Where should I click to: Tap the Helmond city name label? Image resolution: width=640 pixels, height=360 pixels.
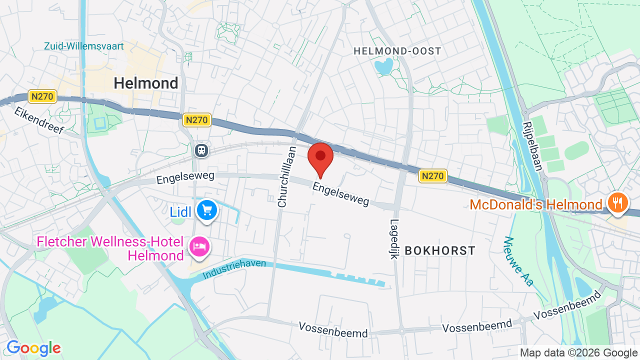click(146, 83)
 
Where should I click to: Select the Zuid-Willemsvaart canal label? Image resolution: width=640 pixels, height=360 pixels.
click(84, 46)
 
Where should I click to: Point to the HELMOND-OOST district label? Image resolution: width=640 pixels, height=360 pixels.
click(397, 51)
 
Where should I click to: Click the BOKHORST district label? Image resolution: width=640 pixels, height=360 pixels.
click(440, 250)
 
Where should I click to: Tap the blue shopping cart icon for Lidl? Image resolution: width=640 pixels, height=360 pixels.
click(206, 210)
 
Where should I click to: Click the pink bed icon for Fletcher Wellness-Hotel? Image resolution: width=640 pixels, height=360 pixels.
click(199, 246)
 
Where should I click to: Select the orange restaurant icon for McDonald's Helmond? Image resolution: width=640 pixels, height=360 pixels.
click(618, 202)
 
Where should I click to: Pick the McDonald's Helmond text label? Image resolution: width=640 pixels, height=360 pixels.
click(536, 204)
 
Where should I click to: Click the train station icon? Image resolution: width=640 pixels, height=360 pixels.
click(201, 150)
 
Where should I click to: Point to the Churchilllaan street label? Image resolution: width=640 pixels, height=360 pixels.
click(287, 176)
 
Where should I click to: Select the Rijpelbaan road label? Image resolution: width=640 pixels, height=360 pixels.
click(532, 146)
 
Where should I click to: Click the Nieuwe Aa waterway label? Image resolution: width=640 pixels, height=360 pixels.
click(518, 261)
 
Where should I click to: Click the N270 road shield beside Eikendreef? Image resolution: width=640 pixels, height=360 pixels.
click(42, 96)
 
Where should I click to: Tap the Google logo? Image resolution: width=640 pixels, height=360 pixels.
click(33, 348)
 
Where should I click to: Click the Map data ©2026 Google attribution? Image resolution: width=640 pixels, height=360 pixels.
click(578, 352)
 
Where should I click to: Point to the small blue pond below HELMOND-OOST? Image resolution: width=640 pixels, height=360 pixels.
click(384, 66)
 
